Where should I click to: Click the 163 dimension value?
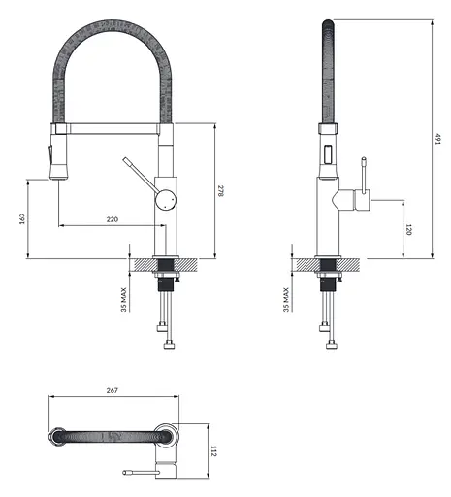click(x=22, y=219)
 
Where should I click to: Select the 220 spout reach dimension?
click(x=112, y=220)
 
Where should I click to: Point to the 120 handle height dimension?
click(x=408, y=230)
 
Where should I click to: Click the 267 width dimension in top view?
click(x=112, y=390)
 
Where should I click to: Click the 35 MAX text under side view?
click(x=285, y=299)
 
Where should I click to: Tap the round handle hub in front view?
click(x=167, y=199)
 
